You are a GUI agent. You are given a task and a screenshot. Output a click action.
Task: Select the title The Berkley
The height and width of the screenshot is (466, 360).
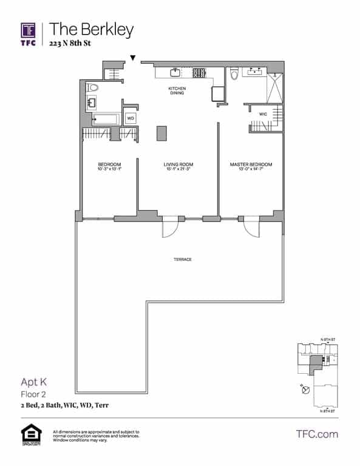coord(92,29)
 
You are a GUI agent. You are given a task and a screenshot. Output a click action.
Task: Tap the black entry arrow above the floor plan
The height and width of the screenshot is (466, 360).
coord(133,58)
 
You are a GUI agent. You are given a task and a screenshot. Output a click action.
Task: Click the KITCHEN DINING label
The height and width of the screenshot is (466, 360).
coord(177,91)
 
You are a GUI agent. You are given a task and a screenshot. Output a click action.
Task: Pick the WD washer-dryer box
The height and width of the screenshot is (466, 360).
coord(131,118)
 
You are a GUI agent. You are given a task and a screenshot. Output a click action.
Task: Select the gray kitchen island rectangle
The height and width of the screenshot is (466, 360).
coord(161,133)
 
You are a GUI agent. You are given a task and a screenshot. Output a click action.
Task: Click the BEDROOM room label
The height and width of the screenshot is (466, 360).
coord(109,165)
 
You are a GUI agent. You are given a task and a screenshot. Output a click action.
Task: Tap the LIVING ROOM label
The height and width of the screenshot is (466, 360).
coord(178,165)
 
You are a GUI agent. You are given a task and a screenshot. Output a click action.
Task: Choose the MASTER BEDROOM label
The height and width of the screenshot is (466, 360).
coord(251,165)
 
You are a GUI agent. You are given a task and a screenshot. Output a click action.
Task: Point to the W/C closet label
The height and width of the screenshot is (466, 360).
coord(263,113)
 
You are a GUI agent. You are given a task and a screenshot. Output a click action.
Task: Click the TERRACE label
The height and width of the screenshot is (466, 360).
coord(183,260)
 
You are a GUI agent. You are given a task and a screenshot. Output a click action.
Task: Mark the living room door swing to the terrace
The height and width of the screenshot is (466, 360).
coord(171,229)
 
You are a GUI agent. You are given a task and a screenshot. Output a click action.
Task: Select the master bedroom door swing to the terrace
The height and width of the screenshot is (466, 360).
coord(251,229)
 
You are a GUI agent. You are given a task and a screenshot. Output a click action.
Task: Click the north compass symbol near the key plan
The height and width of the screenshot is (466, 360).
coord(305,389)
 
